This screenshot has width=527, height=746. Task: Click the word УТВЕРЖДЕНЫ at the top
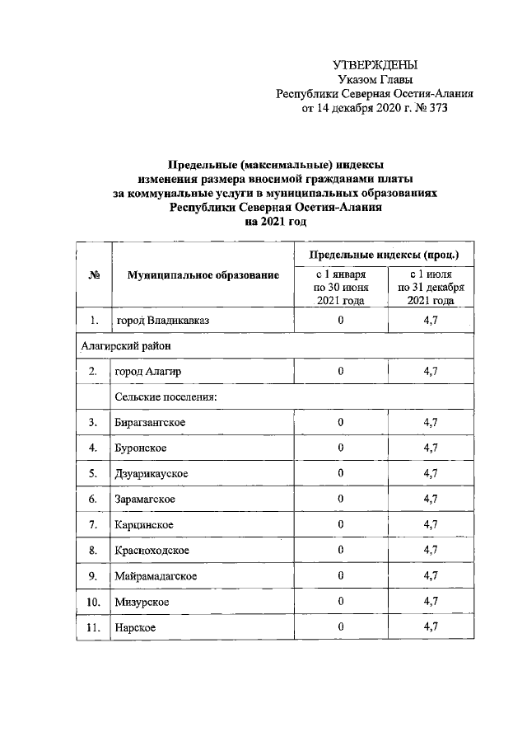coord(375,64)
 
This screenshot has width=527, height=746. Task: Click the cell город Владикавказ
coord(156,321)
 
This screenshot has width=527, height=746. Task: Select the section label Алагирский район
coord(125,346)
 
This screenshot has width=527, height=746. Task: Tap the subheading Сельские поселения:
coord(166,397)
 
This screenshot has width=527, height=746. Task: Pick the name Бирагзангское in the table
coord(150,423)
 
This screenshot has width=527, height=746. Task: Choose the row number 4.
coord(94,448)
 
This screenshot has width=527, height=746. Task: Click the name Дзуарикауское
coord(152,474)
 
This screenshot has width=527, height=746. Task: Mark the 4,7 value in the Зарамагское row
coord(431,500)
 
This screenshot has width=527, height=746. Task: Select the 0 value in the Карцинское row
coord(340,525)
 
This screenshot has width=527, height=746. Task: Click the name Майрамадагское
coord(156,576)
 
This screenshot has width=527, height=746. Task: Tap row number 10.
coord(94,602)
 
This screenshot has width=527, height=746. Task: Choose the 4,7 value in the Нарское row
coord(431,627)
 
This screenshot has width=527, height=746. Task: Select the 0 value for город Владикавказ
coord(340,321)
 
